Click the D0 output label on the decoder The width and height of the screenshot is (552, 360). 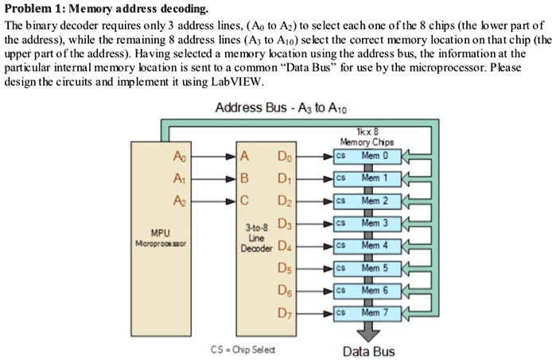pos(285,157)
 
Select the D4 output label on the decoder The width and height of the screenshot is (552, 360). pos(285,246)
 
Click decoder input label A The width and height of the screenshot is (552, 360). pos(246,157)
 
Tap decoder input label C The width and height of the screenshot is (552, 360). pos(246,201)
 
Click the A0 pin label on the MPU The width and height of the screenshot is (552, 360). pos(177,157)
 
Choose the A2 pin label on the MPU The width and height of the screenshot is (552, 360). pos(177,201)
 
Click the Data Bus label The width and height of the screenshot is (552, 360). pos(368,351)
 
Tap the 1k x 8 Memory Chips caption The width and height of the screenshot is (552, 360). pos(367,137)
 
